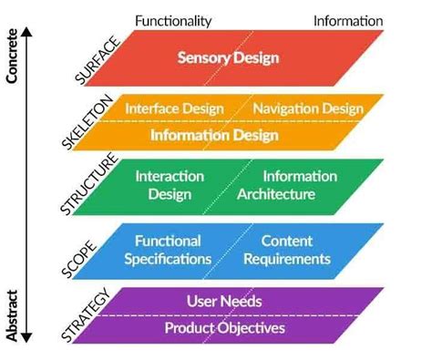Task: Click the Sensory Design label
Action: coord(228,58)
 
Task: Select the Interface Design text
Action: coord(175,108)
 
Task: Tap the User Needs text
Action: coord(224,301)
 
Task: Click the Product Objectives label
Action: coord(224,327)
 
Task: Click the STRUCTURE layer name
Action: coord(92,188)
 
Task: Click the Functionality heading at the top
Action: coord(173,20)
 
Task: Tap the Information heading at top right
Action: coord(348,20)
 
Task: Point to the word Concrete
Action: coord(11,57)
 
